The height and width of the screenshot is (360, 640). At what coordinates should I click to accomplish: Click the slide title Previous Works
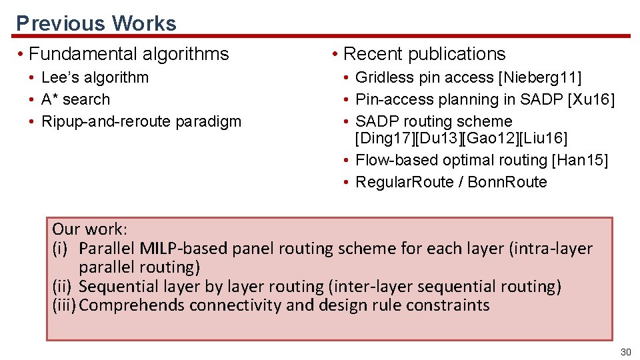coord(96,23)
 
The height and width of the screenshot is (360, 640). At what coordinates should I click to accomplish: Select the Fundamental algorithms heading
coord(129,54)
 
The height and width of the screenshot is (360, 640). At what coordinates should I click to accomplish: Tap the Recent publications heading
coord(424,54)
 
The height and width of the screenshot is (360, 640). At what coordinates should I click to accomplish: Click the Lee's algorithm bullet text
coord(95,77)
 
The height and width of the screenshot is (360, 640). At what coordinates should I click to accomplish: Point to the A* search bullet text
coord(75,99)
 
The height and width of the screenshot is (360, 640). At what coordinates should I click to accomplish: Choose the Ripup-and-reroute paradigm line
coord(141,121)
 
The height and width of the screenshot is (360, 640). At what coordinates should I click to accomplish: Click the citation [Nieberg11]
coord(540,77)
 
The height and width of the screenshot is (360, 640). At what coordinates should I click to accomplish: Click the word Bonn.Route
coord(507,182)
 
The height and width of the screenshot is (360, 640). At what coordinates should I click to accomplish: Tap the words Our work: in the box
coord(89,229)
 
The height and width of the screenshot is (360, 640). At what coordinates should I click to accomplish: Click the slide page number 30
coord(625,352)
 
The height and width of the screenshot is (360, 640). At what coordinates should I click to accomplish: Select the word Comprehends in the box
coord(132,306)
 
